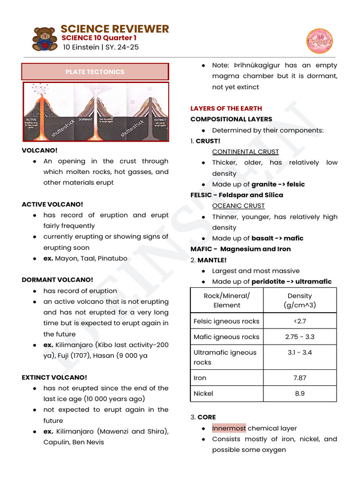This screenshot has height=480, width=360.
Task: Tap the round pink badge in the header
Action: pyautogui.click(x=319, y=41)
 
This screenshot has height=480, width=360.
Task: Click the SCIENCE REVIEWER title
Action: pyautogui.click(x=115, y=29)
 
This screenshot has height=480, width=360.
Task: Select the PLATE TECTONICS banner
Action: pyautogui.click(x=95, y=72)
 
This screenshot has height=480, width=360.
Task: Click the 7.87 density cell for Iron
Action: pyautogui.click(x=300, y=378)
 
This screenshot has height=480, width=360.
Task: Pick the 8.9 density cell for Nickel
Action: pyautogui.click(x=300, y=393)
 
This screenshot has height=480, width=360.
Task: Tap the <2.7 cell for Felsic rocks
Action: pyautogui.click(x=300, y=321)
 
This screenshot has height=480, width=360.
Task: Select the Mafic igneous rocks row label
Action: pyautogui.click(x=226, y=337)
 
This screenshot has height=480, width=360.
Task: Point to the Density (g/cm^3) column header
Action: pyautogui.click(x=300, y=300)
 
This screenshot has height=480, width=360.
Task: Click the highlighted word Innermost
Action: pyautogui.click(x=229, y=428)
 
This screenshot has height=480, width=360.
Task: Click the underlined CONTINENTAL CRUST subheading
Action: pyautogui.click(x=245, y=152)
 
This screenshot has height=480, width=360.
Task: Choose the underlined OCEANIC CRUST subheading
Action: pyautogui.click(x=238, y=206)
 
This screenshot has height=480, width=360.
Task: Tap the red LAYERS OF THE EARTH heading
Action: pyautogui.click(x=226, y=108)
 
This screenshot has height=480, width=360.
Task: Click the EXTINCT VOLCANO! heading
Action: pyautogui.click(x=54, y=377)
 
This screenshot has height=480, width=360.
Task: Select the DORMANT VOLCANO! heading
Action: pyautogui.click(x=57, y=280)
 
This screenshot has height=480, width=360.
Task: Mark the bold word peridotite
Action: pyautogui.click(x=269, y=282)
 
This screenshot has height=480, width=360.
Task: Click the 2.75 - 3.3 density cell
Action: pyautogui.click(x=300, y=337)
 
